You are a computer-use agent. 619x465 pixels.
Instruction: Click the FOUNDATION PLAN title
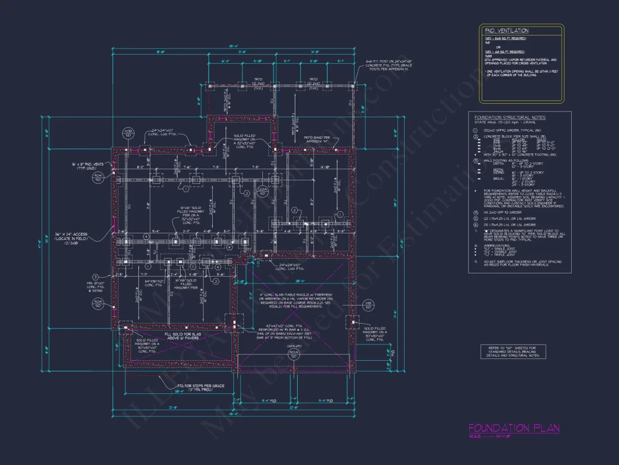pos(514,428)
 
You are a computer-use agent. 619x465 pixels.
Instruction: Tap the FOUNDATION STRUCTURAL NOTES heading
pos(510,117)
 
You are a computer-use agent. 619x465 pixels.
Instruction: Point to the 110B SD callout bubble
pos(128,133)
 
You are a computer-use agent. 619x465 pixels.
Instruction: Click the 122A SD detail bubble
pos(261,191)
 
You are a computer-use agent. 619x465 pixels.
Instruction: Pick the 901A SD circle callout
pos(293,354)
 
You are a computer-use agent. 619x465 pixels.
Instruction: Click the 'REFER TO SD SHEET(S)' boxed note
pos(513,351)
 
